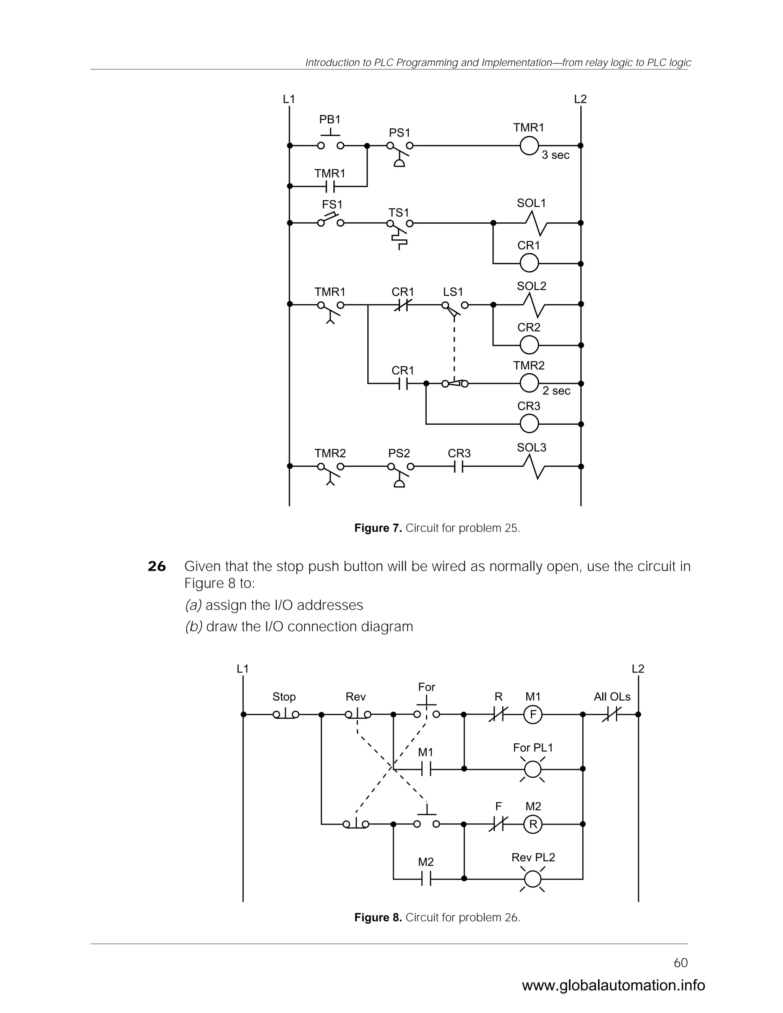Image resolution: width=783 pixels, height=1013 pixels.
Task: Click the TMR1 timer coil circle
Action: [x=529, y=146]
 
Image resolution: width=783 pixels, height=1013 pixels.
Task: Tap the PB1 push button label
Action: [x=330, y=120]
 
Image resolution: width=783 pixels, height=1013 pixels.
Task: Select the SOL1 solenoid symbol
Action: [x=536, y=223]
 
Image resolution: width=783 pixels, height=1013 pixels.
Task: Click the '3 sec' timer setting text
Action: [x=555, y=155]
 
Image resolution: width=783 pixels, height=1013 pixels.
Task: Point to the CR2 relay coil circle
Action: [x=529, y=345]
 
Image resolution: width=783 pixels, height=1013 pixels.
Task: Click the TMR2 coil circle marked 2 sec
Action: [x=529, y=383]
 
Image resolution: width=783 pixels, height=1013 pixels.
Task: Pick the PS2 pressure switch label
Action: [x=399, y=453]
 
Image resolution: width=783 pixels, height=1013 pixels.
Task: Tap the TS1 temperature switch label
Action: [x=398, y=213]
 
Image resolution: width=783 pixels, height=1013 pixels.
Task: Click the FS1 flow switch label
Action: [x=332, y=205]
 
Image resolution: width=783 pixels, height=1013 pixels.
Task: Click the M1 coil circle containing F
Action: [x=533, y=715]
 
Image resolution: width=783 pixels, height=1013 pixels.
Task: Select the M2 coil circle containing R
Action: [x=533, y=824]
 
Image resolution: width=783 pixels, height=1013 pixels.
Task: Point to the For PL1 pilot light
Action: [x=533, y=769]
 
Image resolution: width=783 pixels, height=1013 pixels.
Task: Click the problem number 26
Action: [x=157, y=567]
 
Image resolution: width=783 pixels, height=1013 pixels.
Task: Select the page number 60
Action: [x=681, y=963]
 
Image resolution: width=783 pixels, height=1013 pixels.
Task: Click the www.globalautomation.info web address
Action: [x=613, y=985]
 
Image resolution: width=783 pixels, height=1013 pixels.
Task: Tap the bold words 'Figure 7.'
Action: [x=378, y=528]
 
